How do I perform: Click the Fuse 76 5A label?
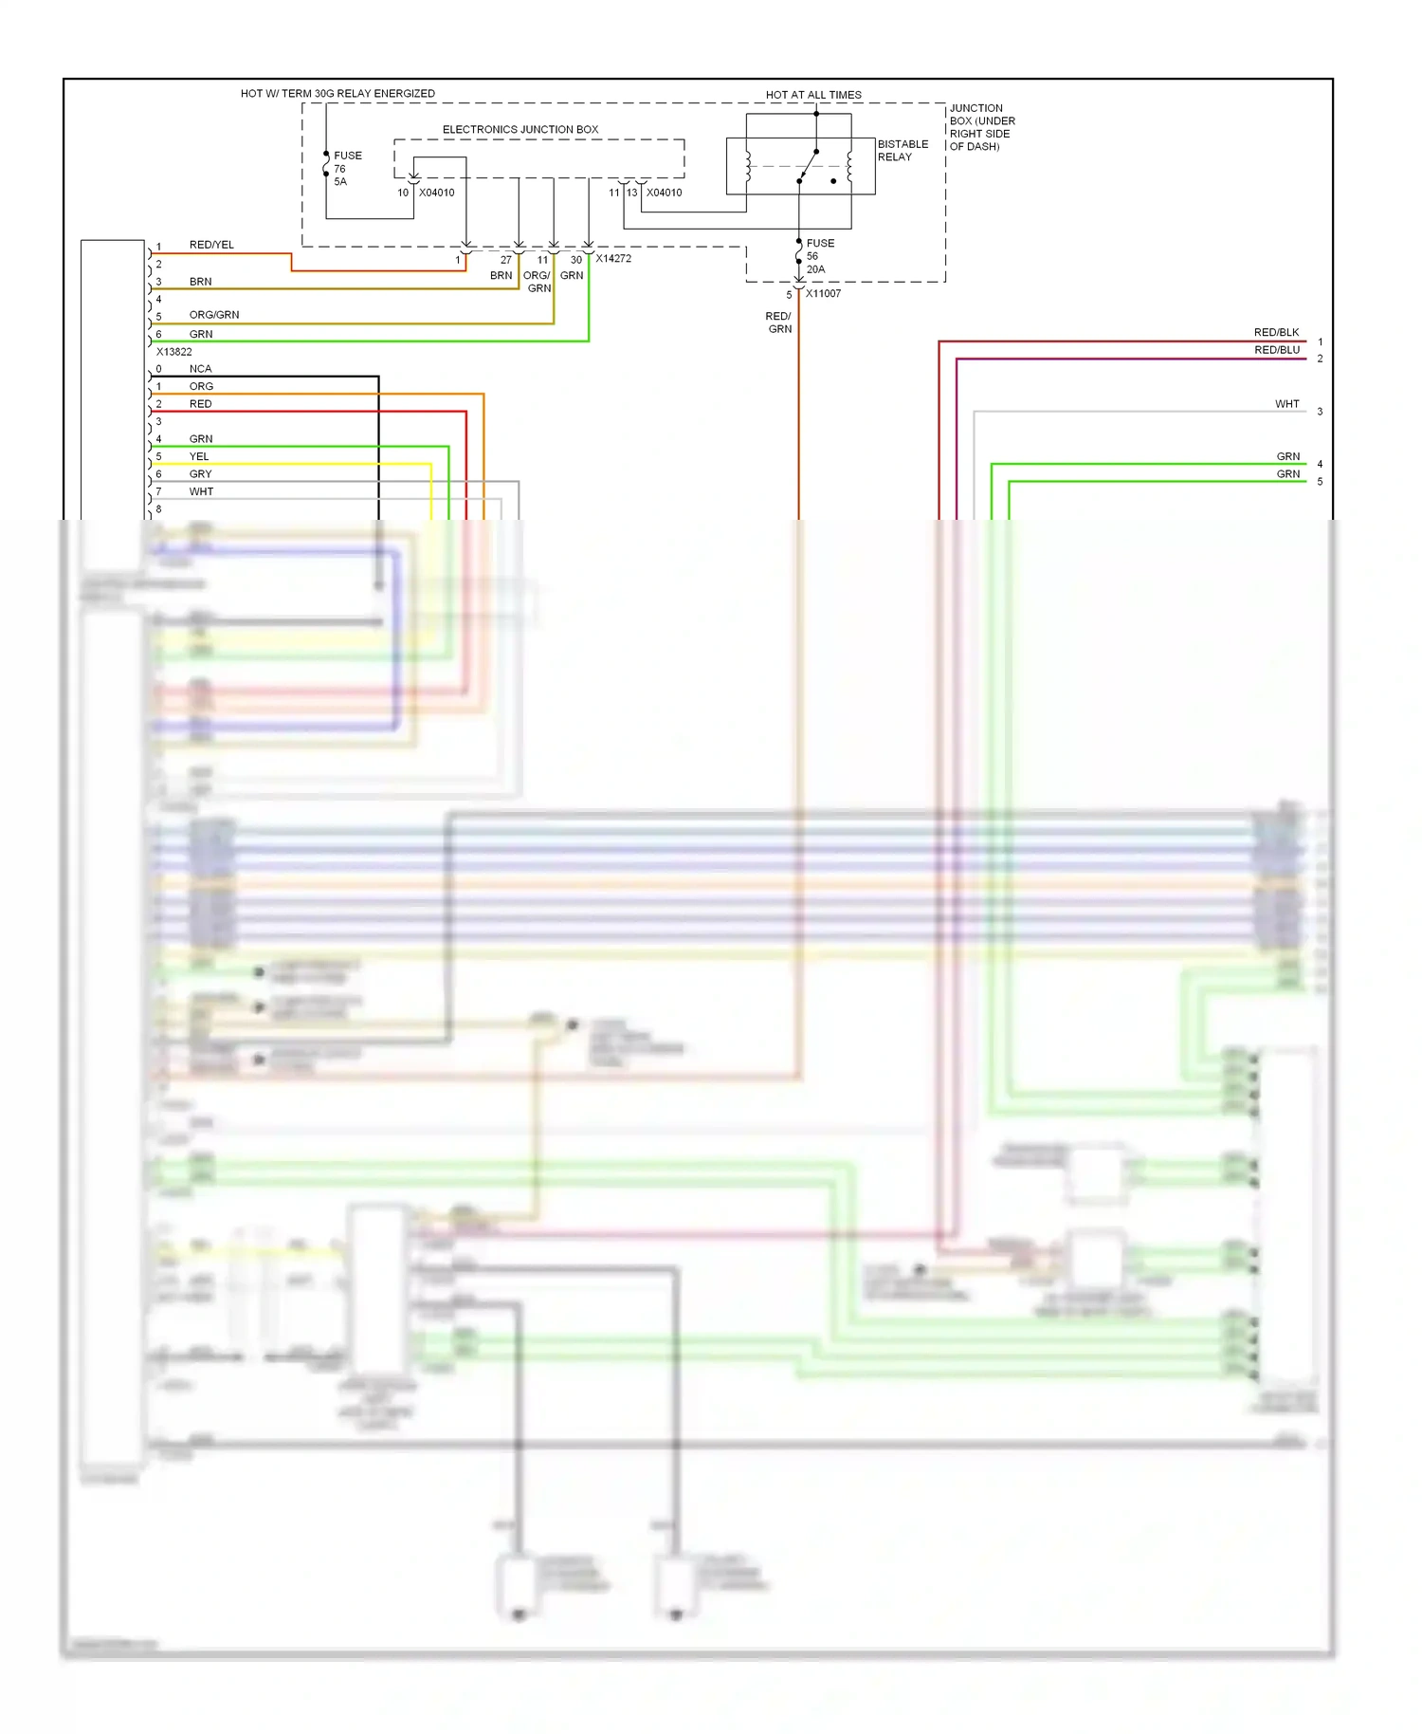coord(346,168)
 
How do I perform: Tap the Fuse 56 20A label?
coord(819,256)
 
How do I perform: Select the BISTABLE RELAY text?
coord(902,151)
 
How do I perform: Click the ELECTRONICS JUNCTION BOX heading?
coord(520,129)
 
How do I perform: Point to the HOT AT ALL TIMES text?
coord(813,95)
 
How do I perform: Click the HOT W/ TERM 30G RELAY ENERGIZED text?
coord(337,93)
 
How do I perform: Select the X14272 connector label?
coord(613,258)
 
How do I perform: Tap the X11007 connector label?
coord(823,293)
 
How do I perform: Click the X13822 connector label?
coord(173,352)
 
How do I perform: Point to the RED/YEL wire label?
coord(211,245)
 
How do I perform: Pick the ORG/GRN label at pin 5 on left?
coord(214,315)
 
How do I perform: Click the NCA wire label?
coord(200,369)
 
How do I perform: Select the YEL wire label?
coord(199,456)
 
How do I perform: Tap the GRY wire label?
coord(200,474)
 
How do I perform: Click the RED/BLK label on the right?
coord(1276,332)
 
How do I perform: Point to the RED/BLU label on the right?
coord(1276,350)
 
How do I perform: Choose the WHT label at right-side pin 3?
coord(1286,404)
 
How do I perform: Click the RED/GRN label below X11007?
coord(779,323)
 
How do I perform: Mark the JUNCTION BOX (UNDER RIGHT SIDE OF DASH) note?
coord(982,127)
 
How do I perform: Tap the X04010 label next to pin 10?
coord(436,193)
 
